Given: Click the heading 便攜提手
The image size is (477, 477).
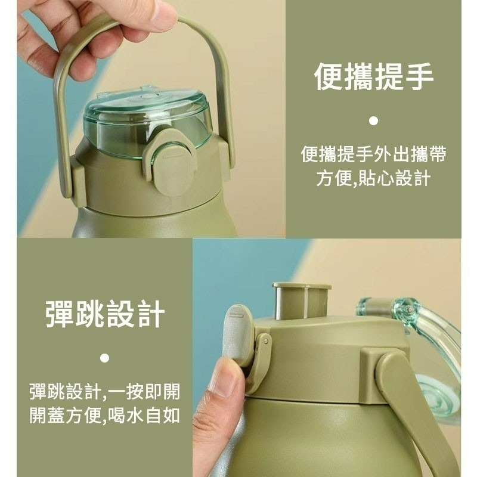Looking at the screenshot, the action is [x=373, y=76].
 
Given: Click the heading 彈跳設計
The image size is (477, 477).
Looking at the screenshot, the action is [x=105, y=314].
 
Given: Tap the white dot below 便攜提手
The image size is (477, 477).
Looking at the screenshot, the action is [x=373, y=121].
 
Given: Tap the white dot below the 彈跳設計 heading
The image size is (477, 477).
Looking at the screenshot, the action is [x=105, y=358].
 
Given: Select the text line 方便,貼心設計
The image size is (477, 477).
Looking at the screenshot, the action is [x=373, y=178].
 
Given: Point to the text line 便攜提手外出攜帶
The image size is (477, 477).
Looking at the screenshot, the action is [x=373, y=154].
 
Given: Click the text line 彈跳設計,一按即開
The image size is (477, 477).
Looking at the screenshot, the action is [x=105, y=392].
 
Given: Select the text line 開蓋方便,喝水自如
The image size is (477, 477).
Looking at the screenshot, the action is [x=105, y=415].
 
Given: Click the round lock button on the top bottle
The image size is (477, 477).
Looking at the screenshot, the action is [x=174, y=171].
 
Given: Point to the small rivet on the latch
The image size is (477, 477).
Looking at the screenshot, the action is [x=266, y=341].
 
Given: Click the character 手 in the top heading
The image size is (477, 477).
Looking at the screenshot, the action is [x=419, y=76].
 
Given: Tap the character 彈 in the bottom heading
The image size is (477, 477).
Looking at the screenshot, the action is [x=60, y=314].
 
